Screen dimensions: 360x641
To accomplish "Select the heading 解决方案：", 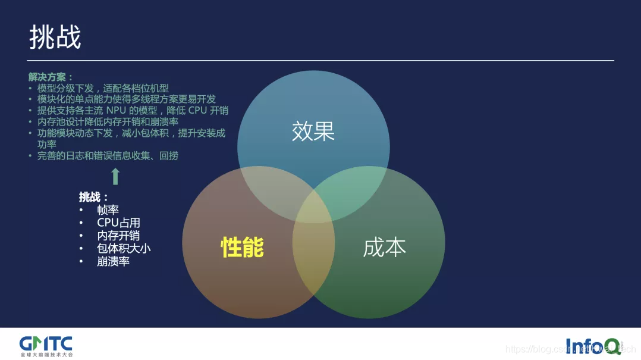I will click(51, 77).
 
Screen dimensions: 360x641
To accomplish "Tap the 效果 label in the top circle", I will click(313, 132).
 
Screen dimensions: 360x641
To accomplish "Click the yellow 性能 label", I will click(242, 247).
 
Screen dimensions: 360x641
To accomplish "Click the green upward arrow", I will click(115, 176).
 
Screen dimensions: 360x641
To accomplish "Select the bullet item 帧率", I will click(108, 209).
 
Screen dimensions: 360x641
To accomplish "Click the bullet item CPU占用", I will click(118, 223).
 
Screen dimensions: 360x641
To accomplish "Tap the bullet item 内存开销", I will click(118, 236).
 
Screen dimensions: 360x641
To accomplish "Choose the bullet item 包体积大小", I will click(124, 248).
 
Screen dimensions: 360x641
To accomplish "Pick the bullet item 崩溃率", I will click(113, 261).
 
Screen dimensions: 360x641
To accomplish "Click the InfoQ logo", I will click(592, 345).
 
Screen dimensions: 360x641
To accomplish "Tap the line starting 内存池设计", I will click(108, 122).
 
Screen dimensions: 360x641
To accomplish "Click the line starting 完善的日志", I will click(108, 156).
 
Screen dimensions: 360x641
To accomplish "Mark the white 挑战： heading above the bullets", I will click(94, 197).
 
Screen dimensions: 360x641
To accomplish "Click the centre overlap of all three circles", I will click(313, 203).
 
